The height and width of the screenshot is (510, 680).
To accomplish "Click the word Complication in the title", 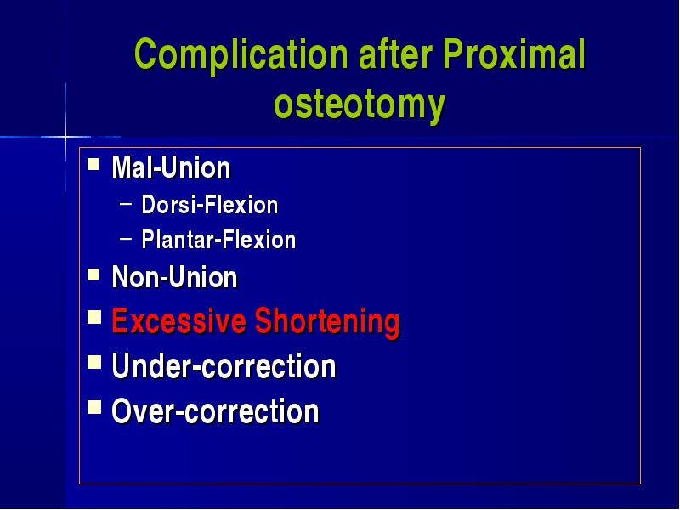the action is click(241, 54).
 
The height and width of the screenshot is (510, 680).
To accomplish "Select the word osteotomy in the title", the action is click(360, 104).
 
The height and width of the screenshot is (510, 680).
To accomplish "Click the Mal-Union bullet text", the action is click(171, 167).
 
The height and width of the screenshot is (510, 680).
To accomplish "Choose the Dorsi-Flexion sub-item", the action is click(209, 204).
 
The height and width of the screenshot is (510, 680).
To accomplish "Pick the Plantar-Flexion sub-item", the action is click(218, 240).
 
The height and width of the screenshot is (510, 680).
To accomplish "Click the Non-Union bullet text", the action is click(174, 277).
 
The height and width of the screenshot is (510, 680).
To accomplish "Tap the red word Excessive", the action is click(179, 320).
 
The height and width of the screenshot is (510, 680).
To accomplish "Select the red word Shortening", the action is click(327, 322).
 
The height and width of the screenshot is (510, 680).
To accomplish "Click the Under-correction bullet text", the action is click(224, 366).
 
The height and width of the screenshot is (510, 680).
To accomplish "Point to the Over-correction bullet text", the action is click(215, 411).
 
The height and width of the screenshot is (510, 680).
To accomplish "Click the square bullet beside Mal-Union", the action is click(93, 164).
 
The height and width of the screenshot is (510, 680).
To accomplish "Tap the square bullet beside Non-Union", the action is click(93, 274).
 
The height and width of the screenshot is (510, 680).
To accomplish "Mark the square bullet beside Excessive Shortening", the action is click(94, 317).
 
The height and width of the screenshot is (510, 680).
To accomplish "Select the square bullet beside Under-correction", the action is click(94, 362).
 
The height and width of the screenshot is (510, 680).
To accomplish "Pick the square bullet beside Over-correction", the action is click(94, 407).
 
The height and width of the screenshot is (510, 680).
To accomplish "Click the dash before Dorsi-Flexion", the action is click(126, 201).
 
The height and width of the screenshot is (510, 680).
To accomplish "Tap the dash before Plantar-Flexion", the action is click(126, 237).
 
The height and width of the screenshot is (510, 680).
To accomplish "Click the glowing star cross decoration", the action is click(66, 137).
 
